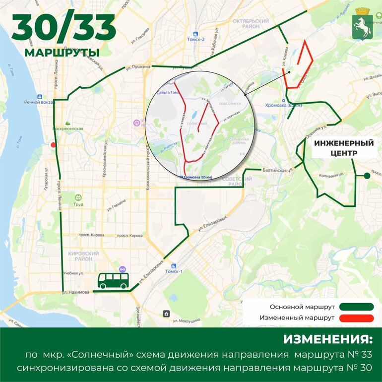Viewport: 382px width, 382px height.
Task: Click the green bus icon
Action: point(113,281)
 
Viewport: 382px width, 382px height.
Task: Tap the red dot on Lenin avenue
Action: point(53,145)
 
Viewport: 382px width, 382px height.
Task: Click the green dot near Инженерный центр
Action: point(367,176)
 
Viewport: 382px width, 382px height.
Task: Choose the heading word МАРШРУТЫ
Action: point(62,53)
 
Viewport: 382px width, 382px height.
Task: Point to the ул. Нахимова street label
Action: point(76,292)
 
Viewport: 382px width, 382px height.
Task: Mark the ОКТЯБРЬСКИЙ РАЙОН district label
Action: point(250,24)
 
